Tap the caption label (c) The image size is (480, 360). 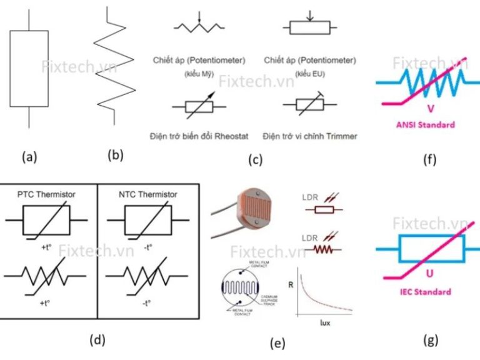pos(255,159)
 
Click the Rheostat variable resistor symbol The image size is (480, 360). pos(199,107)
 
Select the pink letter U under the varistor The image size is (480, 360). pos(428,274)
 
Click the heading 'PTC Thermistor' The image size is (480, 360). pos(47,194)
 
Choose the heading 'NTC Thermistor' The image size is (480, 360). pos(147,194)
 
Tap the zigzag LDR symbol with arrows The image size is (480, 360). pos(324,249)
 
